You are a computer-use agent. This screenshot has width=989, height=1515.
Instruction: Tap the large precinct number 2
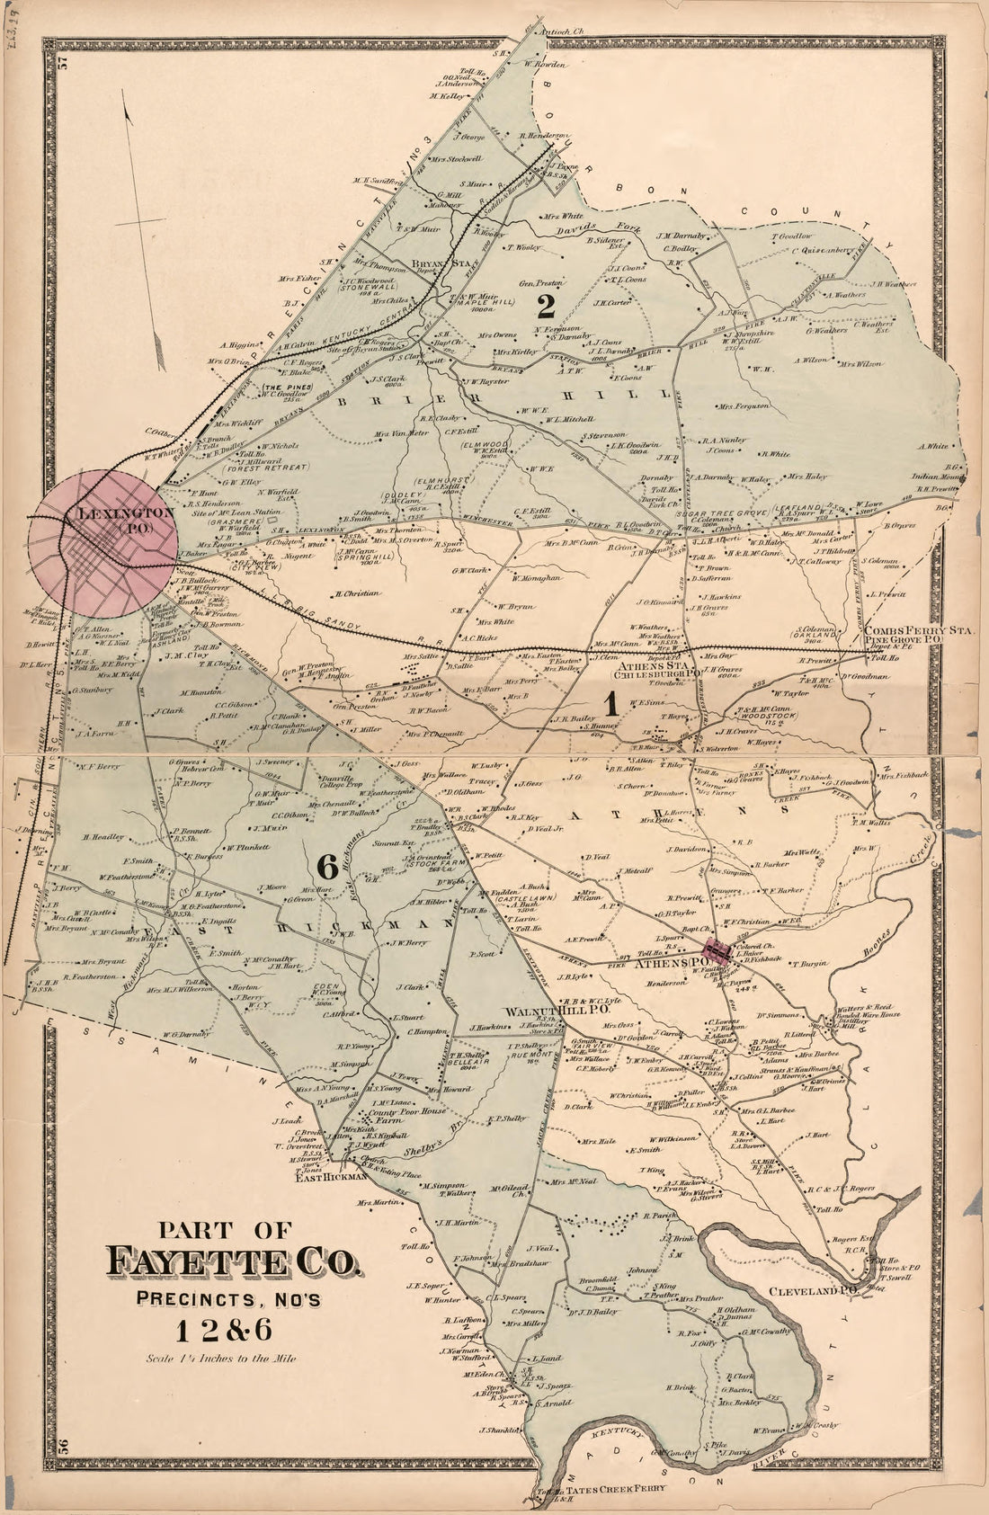(545, 307)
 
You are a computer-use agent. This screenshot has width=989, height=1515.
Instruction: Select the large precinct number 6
(326, 866)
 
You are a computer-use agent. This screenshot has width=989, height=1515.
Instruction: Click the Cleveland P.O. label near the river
(811, 1291)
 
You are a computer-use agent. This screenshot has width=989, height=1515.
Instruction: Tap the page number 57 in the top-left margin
(63, 62)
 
